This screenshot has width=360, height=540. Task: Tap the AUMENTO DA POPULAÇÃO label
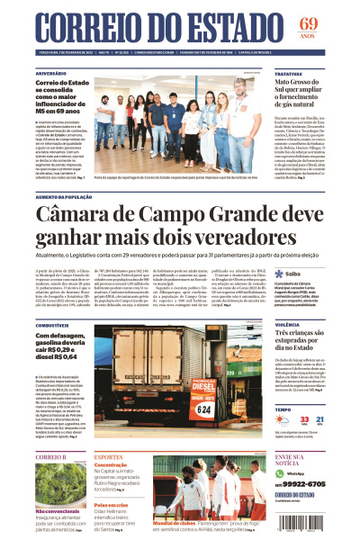[x=67, y=195]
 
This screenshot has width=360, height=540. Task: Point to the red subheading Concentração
[x=111, y=465]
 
